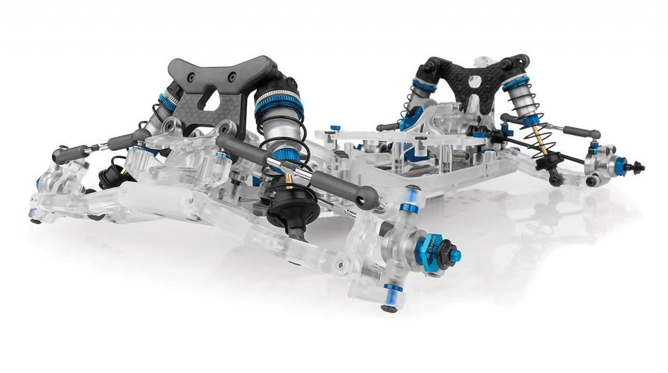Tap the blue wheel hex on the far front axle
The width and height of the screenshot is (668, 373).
pyautogui.click(x=619, y=164)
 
